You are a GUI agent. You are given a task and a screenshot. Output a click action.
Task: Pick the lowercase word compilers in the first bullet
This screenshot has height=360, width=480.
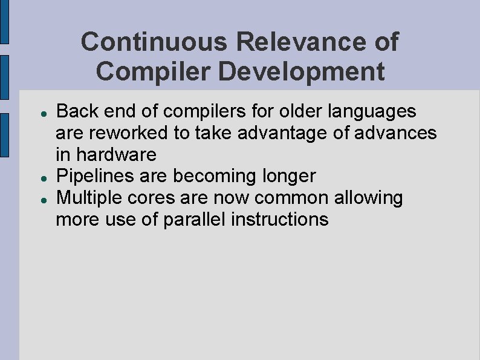tap(194, 111)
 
